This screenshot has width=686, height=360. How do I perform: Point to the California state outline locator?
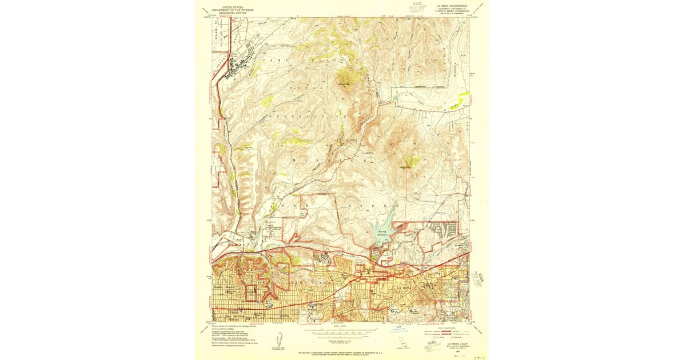[402, 341]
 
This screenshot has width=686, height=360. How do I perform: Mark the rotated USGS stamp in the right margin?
[481, 280]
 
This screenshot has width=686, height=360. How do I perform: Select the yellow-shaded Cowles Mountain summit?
[409, 162]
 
